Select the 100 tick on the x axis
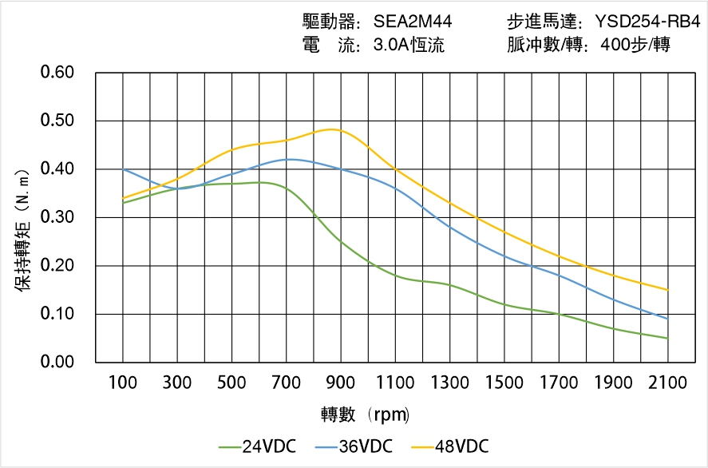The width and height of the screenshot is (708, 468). tap(123, 383)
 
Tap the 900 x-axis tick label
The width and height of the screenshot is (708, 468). tap(341, 383)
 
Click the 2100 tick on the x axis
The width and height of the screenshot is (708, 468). tap(668, 383)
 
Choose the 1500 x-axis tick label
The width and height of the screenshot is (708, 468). tap(504, 383)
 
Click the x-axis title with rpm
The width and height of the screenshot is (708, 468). tap(365, 414)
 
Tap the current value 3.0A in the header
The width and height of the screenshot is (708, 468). tap(390, 45)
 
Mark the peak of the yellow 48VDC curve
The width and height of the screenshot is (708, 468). tap(334, 129)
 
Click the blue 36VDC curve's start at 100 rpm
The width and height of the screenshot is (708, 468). tap(123, 169)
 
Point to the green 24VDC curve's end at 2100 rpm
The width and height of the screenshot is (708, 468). tap(668, 338)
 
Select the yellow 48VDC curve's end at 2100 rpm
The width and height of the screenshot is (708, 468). tap(668, 290)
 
